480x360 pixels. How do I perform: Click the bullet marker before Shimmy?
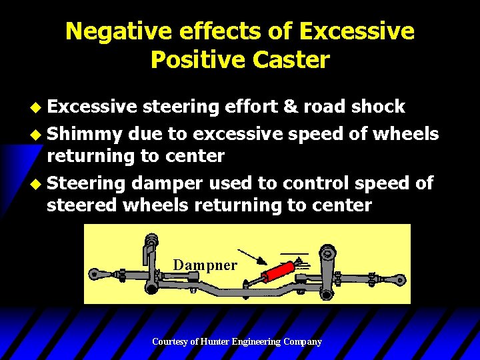[x=39, y=135]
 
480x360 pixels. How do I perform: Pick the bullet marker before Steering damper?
[x=39, y=183]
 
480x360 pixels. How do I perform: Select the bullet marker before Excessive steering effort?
[x=39, y=107]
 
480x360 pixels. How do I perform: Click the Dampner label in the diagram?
[x=205, y=265]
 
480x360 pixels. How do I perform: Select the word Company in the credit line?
[x=301, y=342]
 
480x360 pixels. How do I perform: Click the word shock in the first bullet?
[x=379, y=107]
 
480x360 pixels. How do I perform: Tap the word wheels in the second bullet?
[x=405, y=135]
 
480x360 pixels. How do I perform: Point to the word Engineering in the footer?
[x=256, y=342]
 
